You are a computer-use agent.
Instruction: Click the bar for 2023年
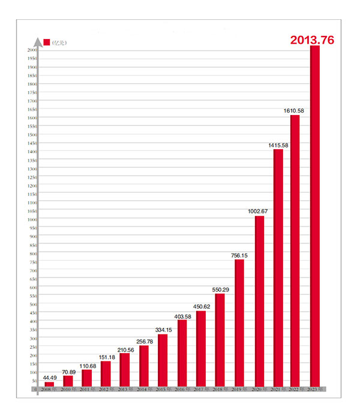(x=315, y=216)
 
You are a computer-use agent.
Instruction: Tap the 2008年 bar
(x=49, y=384)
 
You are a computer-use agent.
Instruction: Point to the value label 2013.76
(x=312, y=40)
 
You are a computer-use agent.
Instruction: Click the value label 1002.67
(x=260, y=211)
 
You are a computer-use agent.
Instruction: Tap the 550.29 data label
(x=220, y=290)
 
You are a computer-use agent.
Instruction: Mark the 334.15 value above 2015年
(x=163, y=330)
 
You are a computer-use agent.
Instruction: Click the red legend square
(x=47, y=41)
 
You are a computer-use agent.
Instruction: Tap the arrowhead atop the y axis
(x=38, y=41)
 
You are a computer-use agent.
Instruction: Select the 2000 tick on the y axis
(x=32, y=50)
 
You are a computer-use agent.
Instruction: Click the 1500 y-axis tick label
(x=32, y=135)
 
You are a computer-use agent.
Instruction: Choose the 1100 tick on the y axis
(x=32, y=203)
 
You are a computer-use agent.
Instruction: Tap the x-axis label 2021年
(x=278, y=390)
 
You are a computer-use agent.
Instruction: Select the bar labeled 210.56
(x=124, y=370)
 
